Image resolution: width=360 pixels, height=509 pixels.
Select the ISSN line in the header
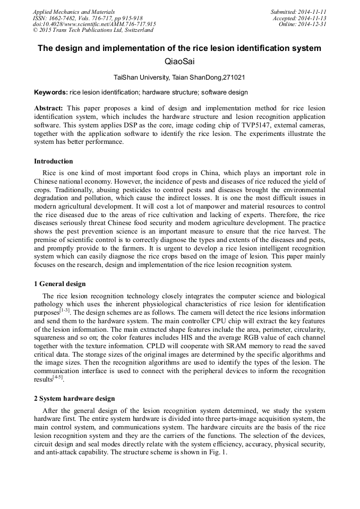point(88,18)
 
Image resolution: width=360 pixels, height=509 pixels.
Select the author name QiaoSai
point(179,62)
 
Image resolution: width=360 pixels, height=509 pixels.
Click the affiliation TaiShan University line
point(179,77)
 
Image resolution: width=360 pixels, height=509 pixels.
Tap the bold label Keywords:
point(51,92)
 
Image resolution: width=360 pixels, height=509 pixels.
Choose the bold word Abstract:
point(49,108)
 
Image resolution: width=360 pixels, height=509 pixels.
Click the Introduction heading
point(54,161)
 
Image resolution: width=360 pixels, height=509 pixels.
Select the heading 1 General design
point(59,284)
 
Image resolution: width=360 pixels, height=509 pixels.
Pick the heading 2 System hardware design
point(74,399)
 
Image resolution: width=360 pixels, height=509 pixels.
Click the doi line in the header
point(94,24)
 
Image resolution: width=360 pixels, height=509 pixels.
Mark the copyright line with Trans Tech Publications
point(93,30)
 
